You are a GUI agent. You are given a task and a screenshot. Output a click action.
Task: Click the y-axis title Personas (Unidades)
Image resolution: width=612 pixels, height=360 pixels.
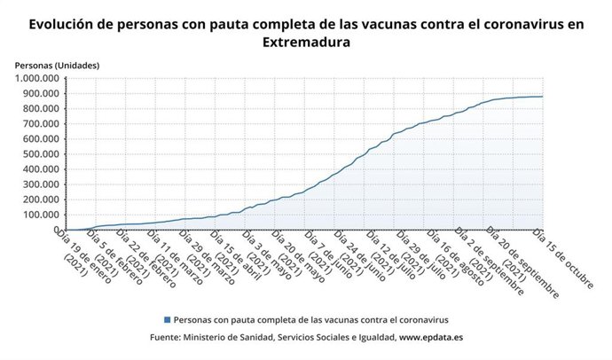[57, 66]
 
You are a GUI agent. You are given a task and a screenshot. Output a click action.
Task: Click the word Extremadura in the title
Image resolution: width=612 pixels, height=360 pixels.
[306, 42]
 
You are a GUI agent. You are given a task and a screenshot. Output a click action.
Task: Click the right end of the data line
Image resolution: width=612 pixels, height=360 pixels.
[543, 97]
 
